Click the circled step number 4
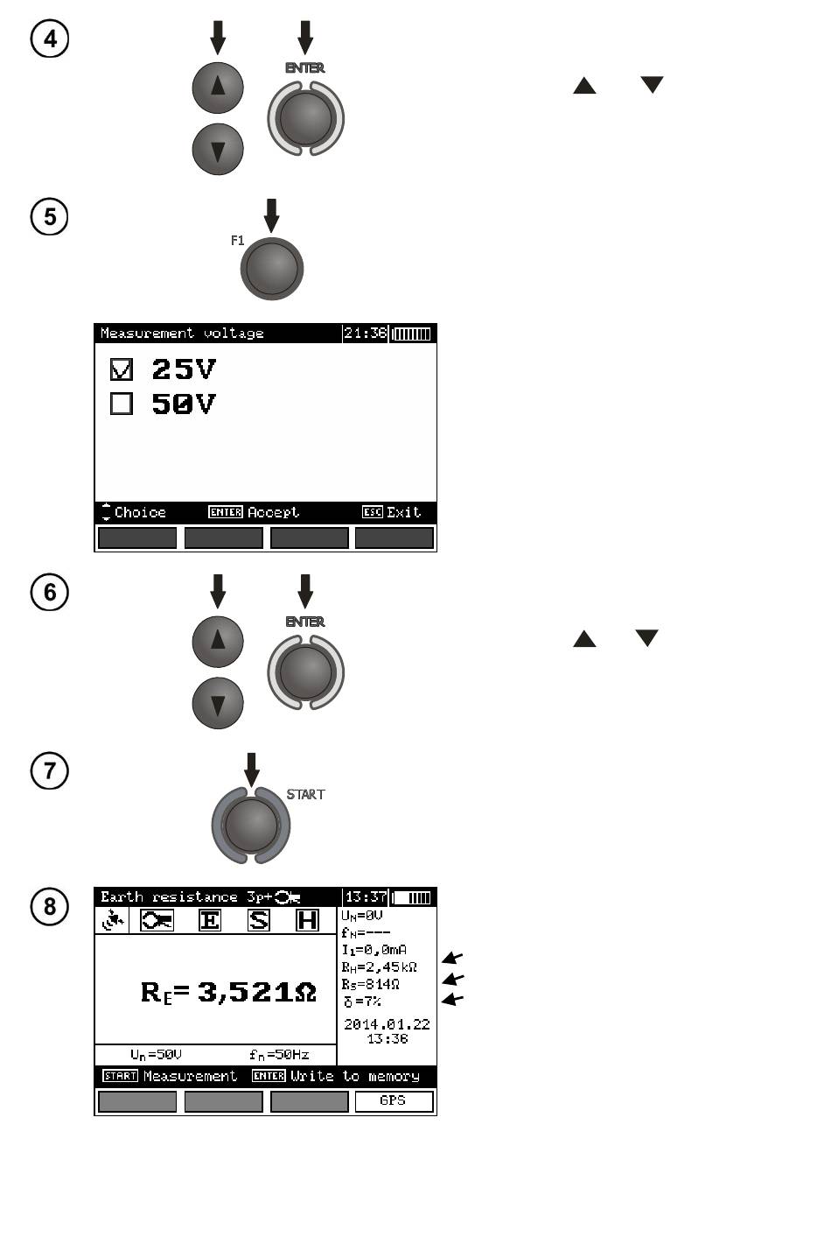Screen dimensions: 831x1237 coord(50,39)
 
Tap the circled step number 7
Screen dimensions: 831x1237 coord(50,771)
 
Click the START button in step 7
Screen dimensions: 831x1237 coord(251,825)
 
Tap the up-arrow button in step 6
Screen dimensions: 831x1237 coord(218,641)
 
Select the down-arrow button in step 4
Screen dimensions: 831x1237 coord(218,149)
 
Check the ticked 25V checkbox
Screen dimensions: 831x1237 coord(122,370)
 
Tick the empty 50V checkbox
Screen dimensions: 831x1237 coord(122,404)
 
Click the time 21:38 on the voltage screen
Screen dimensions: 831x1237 coord(365,334)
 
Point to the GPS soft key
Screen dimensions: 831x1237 coord(394,1101)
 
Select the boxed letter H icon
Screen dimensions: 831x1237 coord(307,920)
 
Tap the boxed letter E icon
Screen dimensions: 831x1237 coord(210,920)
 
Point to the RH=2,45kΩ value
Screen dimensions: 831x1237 coord(379,967)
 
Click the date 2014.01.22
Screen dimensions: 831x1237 coord(387,1024)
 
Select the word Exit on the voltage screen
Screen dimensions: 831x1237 coord(403,512)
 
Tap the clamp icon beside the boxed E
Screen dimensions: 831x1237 coord(157,920)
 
